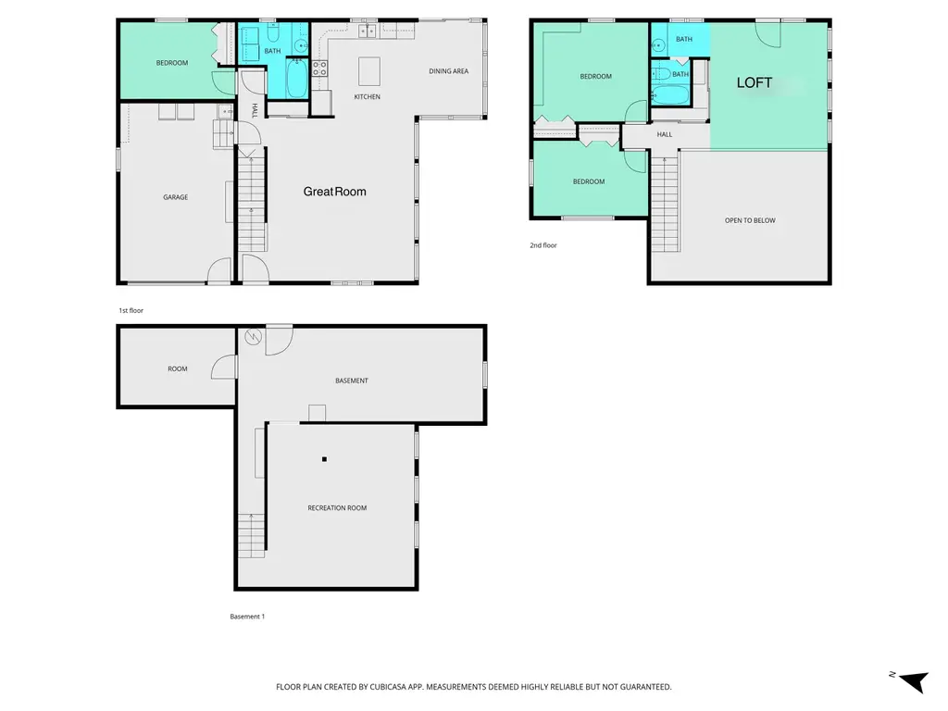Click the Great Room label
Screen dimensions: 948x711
click(334, 192)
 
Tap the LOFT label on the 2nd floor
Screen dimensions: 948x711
click(754, 82)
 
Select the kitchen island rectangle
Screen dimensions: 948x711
click(369, 71)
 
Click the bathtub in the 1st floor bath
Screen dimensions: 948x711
click(296, 78)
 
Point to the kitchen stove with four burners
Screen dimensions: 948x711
click(319, 69)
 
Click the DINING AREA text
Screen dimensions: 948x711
click(449, 71)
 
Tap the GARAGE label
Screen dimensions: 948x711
click(175, 197)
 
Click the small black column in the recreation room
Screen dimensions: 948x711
click(325, 459)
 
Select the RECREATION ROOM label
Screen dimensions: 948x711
click(337, 508)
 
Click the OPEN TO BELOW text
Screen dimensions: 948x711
click(750, 220)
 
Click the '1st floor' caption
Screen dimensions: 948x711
click(131, 311)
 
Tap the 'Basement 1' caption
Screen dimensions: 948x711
click(247, 617)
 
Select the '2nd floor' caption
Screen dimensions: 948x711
click(543, 245)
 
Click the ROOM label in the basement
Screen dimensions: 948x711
click(178, 368)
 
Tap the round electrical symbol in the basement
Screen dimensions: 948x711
click(254, 337)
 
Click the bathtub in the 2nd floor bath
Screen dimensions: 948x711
click(671, 94)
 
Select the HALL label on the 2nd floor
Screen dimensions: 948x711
click(665, 135)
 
